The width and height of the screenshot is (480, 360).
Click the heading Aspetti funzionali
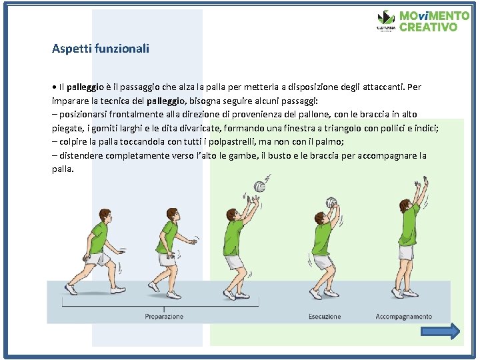point(101,49)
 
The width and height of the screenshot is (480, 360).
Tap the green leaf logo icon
point(386,18)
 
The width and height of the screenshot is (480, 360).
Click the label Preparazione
point(164,317)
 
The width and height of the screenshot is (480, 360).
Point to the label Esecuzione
point(325,317)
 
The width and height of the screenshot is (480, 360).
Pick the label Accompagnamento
point(404,317)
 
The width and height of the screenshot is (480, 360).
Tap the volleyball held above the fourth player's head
point(331,203)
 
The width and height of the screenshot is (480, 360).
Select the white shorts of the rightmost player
point(406,253)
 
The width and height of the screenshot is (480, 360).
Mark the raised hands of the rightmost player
point(421,185)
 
